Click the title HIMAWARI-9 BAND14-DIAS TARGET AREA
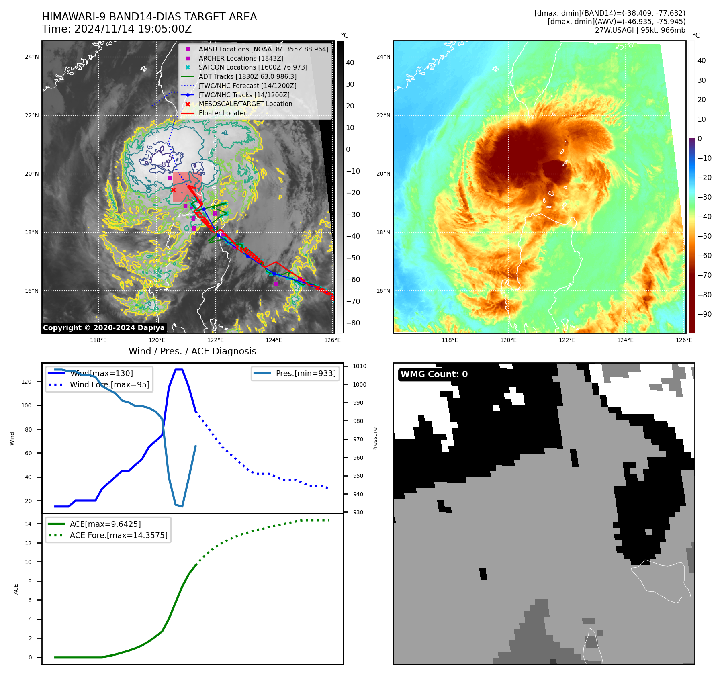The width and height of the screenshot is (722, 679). click(x=149, y=17)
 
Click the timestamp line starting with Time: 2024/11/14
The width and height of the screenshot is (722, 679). click(x=117, y=29)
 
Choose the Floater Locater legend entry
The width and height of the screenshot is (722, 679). click(x=222, y=113)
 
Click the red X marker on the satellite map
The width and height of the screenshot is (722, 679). click(x=173, y=190)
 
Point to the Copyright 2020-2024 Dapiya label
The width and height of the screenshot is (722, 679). click(x=104, y=328)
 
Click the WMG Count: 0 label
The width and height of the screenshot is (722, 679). click(x=434, y=374)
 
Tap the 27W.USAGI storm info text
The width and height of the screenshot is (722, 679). click(x=640, y=30)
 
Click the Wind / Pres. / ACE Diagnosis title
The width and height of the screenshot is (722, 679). click(x=192, y=351)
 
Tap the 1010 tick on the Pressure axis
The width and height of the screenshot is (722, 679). click(x=360, y=366)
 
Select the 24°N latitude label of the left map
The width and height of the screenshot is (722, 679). click(x=32, y=57)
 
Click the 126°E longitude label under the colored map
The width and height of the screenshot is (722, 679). click(x=684, y=340)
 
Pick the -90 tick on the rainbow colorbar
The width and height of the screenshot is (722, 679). click(x=704, y=314)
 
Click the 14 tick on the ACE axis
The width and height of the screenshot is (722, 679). click(x=28, y=524)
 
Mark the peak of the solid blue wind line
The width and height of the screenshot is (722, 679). click(x=179, y=369)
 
